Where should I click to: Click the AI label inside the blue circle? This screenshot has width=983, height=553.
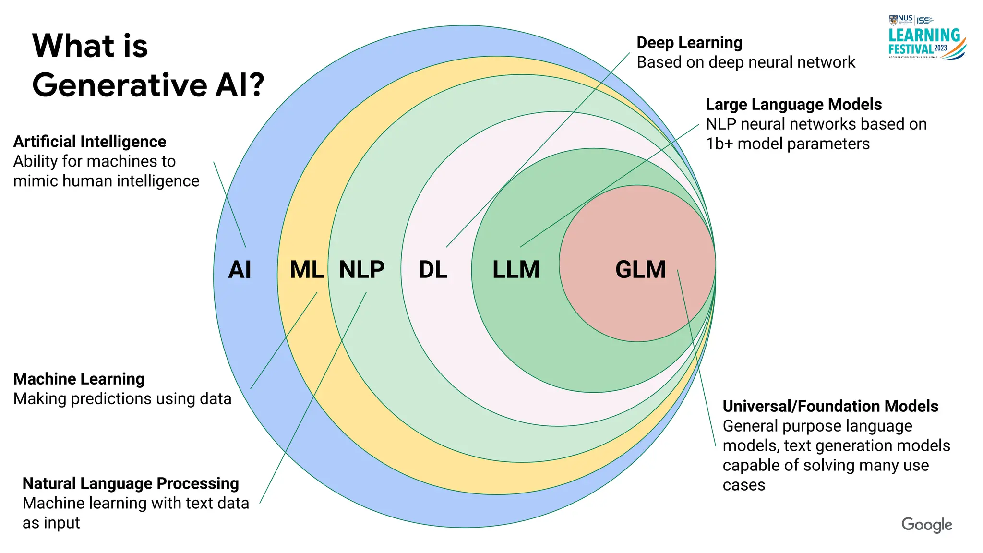240,270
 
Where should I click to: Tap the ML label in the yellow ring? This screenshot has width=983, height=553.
307,270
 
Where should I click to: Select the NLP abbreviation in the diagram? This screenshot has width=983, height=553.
361,270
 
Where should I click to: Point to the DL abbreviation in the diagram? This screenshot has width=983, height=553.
433,270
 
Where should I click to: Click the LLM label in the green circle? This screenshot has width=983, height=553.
516,270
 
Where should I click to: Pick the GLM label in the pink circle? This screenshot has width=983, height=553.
640,270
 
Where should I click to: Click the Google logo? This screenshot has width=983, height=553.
926,525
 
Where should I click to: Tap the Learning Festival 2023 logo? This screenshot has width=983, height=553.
926,38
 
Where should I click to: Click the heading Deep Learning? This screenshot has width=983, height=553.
689,43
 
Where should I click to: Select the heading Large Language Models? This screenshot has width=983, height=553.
793,104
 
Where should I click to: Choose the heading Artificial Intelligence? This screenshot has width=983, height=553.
90,142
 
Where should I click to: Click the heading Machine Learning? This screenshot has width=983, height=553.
79,379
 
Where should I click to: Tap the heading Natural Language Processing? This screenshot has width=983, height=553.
131,483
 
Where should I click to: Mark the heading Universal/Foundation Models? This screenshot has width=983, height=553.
830,406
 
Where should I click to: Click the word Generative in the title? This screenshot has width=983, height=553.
120,85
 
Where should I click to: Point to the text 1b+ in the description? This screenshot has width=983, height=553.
719,144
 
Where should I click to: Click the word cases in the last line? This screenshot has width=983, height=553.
743,485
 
